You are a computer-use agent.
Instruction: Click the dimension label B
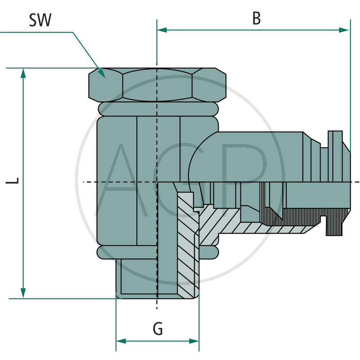pos(256,18)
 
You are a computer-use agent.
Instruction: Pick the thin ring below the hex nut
pos(157,108)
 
